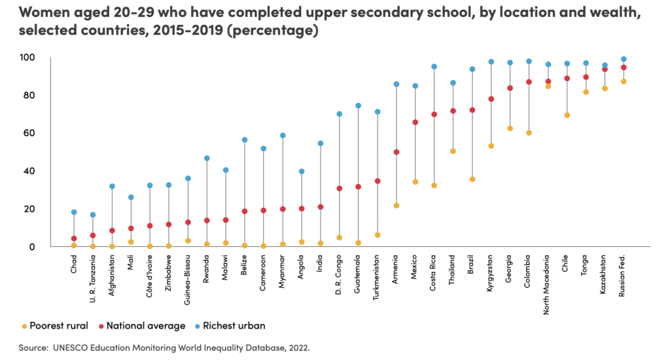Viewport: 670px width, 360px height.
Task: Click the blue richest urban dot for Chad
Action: pos(74,212)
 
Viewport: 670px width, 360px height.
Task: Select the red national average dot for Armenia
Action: pos(396,152)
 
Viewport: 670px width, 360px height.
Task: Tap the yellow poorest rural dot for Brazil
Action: pos(472,179)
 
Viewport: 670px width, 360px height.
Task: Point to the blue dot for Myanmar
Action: pos(283,135)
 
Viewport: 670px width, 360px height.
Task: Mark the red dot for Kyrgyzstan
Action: pos(491,99)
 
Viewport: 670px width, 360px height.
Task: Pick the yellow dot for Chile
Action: pos(567,115)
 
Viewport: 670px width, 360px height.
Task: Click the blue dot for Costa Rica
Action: pos(434,67)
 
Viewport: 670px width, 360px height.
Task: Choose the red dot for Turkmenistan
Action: pos(378,181)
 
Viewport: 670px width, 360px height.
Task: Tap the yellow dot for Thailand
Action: pos(453,151)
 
